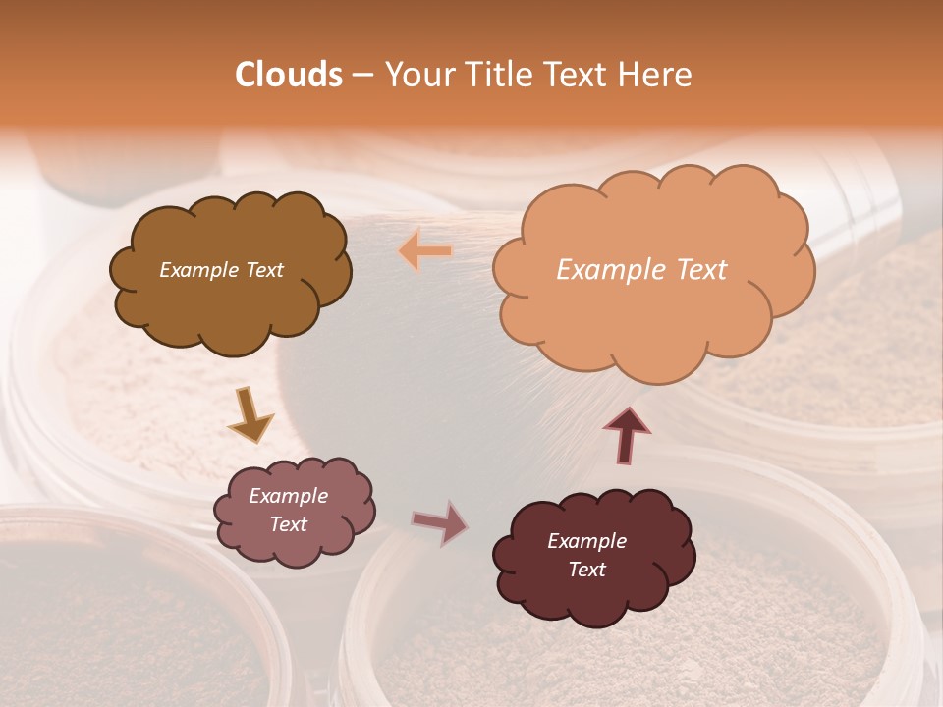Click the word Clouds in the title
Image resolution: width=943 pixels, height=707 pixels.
[289, 75]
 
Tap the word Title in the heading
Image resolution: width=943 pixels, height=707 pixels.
[498, 75]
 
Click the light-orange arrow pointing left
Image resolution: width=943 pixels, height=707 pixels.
[425, 251]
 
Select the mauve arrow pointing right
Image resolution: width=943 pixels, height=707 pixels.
[439, 523]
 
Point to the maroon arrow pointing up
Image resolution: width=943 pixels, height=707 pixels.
[627, 435]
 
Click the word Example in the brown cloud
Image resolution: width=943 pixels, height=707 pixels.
[198, 270]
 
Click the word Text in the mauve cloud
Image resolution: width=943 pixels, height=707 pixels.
[289, 524]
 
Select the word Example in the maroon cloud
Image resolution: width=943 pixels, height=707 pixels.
[586, 541]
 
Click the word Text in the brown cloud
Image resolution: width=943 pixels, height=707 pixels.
[263, 270]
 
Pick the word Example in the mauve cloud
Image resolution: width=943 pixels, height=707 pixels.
[288, 496]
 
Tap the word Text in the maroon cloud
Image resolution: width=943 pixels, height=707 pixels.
[586, 570]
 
